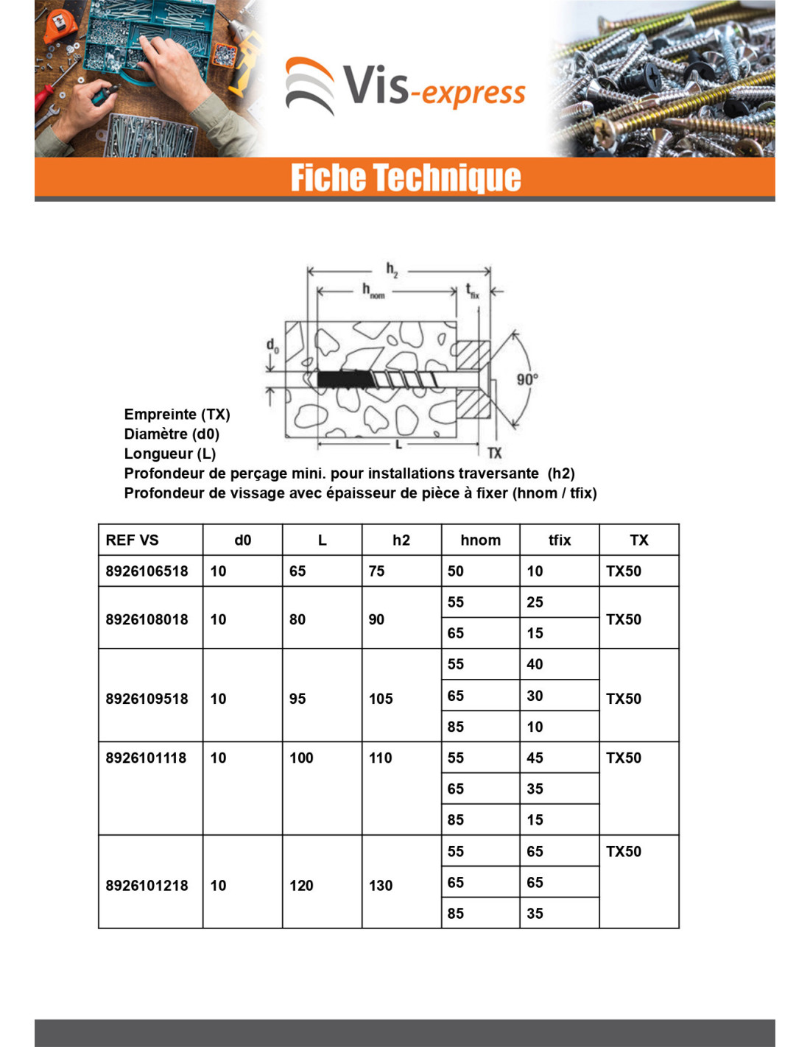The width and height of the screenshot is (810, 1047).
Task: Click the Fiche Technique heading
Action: click(405, 178)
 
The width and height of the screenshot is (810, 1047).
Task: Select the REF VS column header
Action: click(133, 540)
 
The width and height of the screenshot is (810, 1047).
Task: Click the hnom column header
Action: click(480, 540)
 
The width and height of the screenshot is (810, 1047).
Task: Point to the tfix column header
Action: click(560, 540)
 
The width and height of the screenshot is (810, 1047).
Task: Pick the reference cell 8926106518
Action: click(147, 571)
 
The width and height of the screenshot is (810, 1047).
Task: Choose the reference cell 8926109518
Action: click(147, 698)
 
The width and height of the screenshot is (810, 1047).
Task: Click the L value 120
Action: click(301, 885)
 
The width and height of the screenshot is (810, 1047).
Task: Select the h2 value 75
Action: click(376, 571)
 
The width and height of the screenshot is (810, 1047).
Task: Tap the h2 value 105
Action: click(381, 698)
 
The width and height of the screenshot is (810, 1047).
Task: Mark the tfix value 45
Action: click(535, 758)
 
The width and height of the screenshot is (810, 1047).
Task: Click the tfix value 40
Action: click(535, 664)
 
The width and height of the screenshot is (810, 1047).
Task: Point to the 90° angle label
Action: click(527, 379)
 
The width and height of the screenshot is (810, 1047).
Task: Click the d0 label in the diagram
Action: click(272, 345)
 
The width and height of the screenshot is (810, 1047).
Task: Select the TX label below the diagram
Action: click(494, 453)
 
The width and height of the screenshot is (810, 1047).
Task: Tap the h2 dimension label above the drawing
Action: click(392, 270)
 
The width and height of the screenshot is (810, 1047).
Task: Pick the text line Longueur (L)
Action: click(170, 454)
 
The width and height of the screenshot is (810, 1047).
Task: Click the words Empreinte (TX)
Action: click(177, 414)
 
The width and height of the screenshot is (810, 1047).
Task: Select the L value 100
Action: click(301, 758)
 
